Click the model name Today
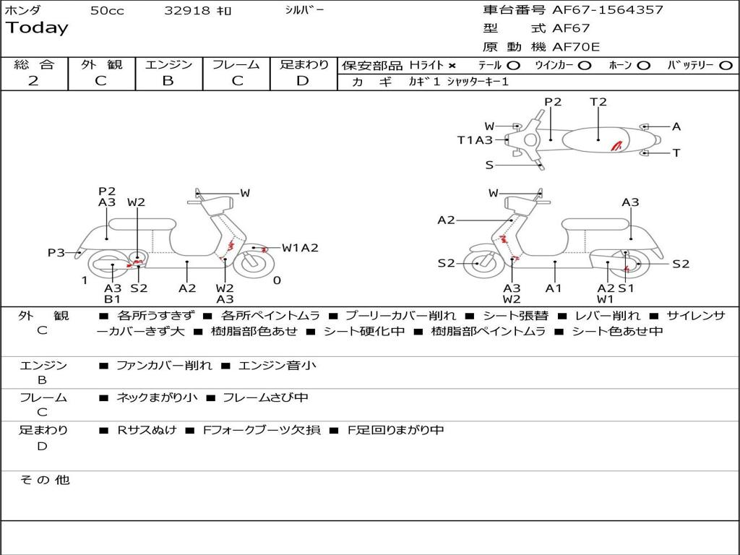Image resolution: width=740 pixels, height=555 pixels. coord(37,28)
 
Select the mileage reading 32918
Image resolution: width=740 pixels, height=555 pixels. coord(187,11)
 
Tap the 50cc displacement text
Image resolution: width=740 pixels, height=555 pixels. coord(107,11)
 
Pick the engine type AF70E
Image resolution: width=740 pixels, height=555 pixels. coord(576,47)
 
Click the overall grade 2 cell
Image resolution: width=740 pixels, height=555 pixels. coord(34,81)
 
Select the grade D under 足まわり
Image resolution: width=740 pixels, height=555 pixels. coord(303,81)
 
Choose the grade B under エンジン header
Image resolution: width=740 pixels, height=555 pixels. coord(168,81)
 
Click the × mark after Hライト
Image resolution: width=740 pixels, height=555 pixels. coord(452,66)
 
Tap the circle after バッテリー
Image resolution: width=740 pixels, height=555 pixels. coord(726,66)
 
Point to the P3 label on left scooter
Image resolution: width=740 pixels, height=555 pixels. coord(56,252)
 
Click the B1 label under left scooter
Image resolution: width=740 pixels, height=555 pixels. coord(112,298)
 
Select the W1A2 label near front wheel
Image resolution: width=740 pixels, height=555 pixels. coord(300,248)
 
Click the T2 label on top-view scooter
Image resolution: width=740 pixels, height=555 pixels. coord(598,102)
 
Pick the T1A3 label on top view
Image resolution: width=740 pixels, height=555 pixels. coord(475,140)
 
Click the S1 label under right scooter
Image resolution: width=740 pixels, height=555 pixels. coord(626,288)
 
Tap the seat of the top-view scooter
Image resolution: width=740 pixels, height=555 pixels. coord(598,139)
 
